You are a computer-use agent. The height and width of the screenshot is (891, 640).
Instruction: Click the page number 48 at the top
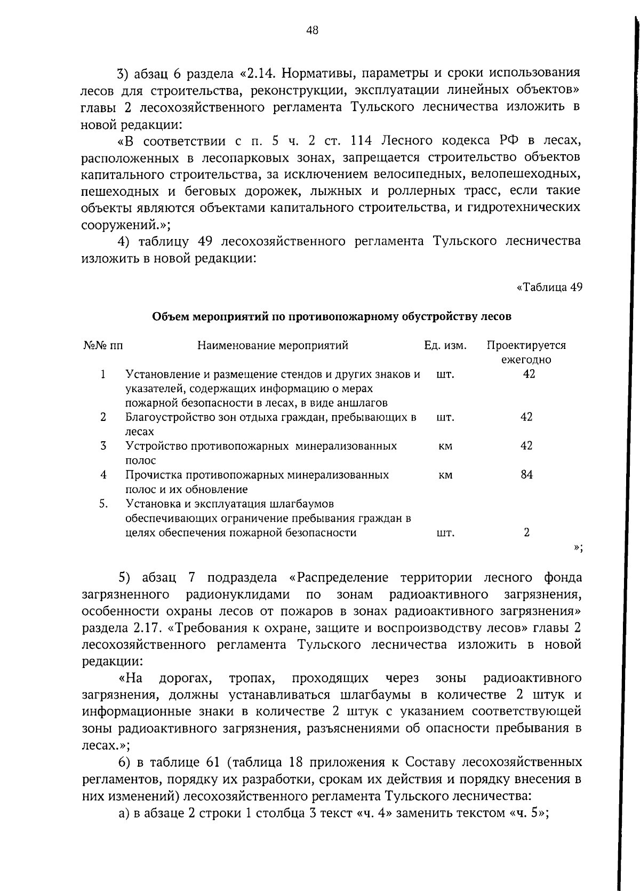(x=313, y=30)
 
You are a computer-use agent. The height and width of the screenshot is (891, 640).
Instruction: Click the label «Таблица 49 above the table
(x=549, y=287)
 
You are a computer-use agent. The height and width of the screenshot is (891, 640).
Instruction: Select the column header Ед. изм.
(x=445, y=345)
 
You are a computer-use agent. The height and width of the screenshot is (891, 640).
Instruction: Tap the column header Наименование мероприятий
(x=273, y=345)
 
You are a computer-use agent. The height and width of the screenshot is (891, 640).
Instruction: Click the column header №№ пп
(x=103, y=345)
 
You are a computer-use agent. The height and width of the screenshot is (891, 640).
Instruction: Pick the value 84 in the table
(x=526, y=474)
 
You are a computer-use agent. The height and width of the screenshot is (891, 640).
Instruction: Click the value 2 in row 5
(x=526, y=532)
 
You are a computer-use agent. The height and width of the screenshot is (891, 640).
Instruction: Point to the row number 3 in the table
(x=103, y=445)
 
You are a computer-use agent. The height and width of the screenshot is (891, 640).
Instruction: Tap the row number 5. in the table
(x=103, y=503)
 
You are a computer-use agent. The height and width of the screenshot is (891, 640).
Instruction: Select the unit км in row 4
(x=445, y=474)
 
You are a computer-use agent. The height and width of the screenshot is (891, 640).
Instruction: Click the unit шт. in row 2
(x=445, y=417)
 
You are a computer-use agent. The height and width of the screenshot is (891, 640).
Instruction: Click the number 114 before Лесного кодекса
(x=363, y=140)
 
